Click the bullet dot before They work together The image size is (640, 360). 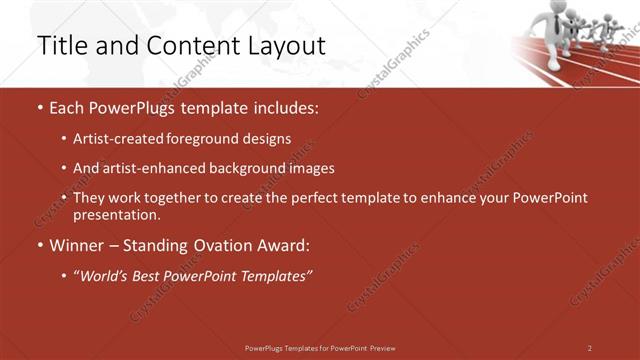[65, 198]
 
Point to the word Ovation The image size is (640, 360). [228, 245]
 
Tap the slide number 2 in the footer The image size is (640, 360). [590, 348]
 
